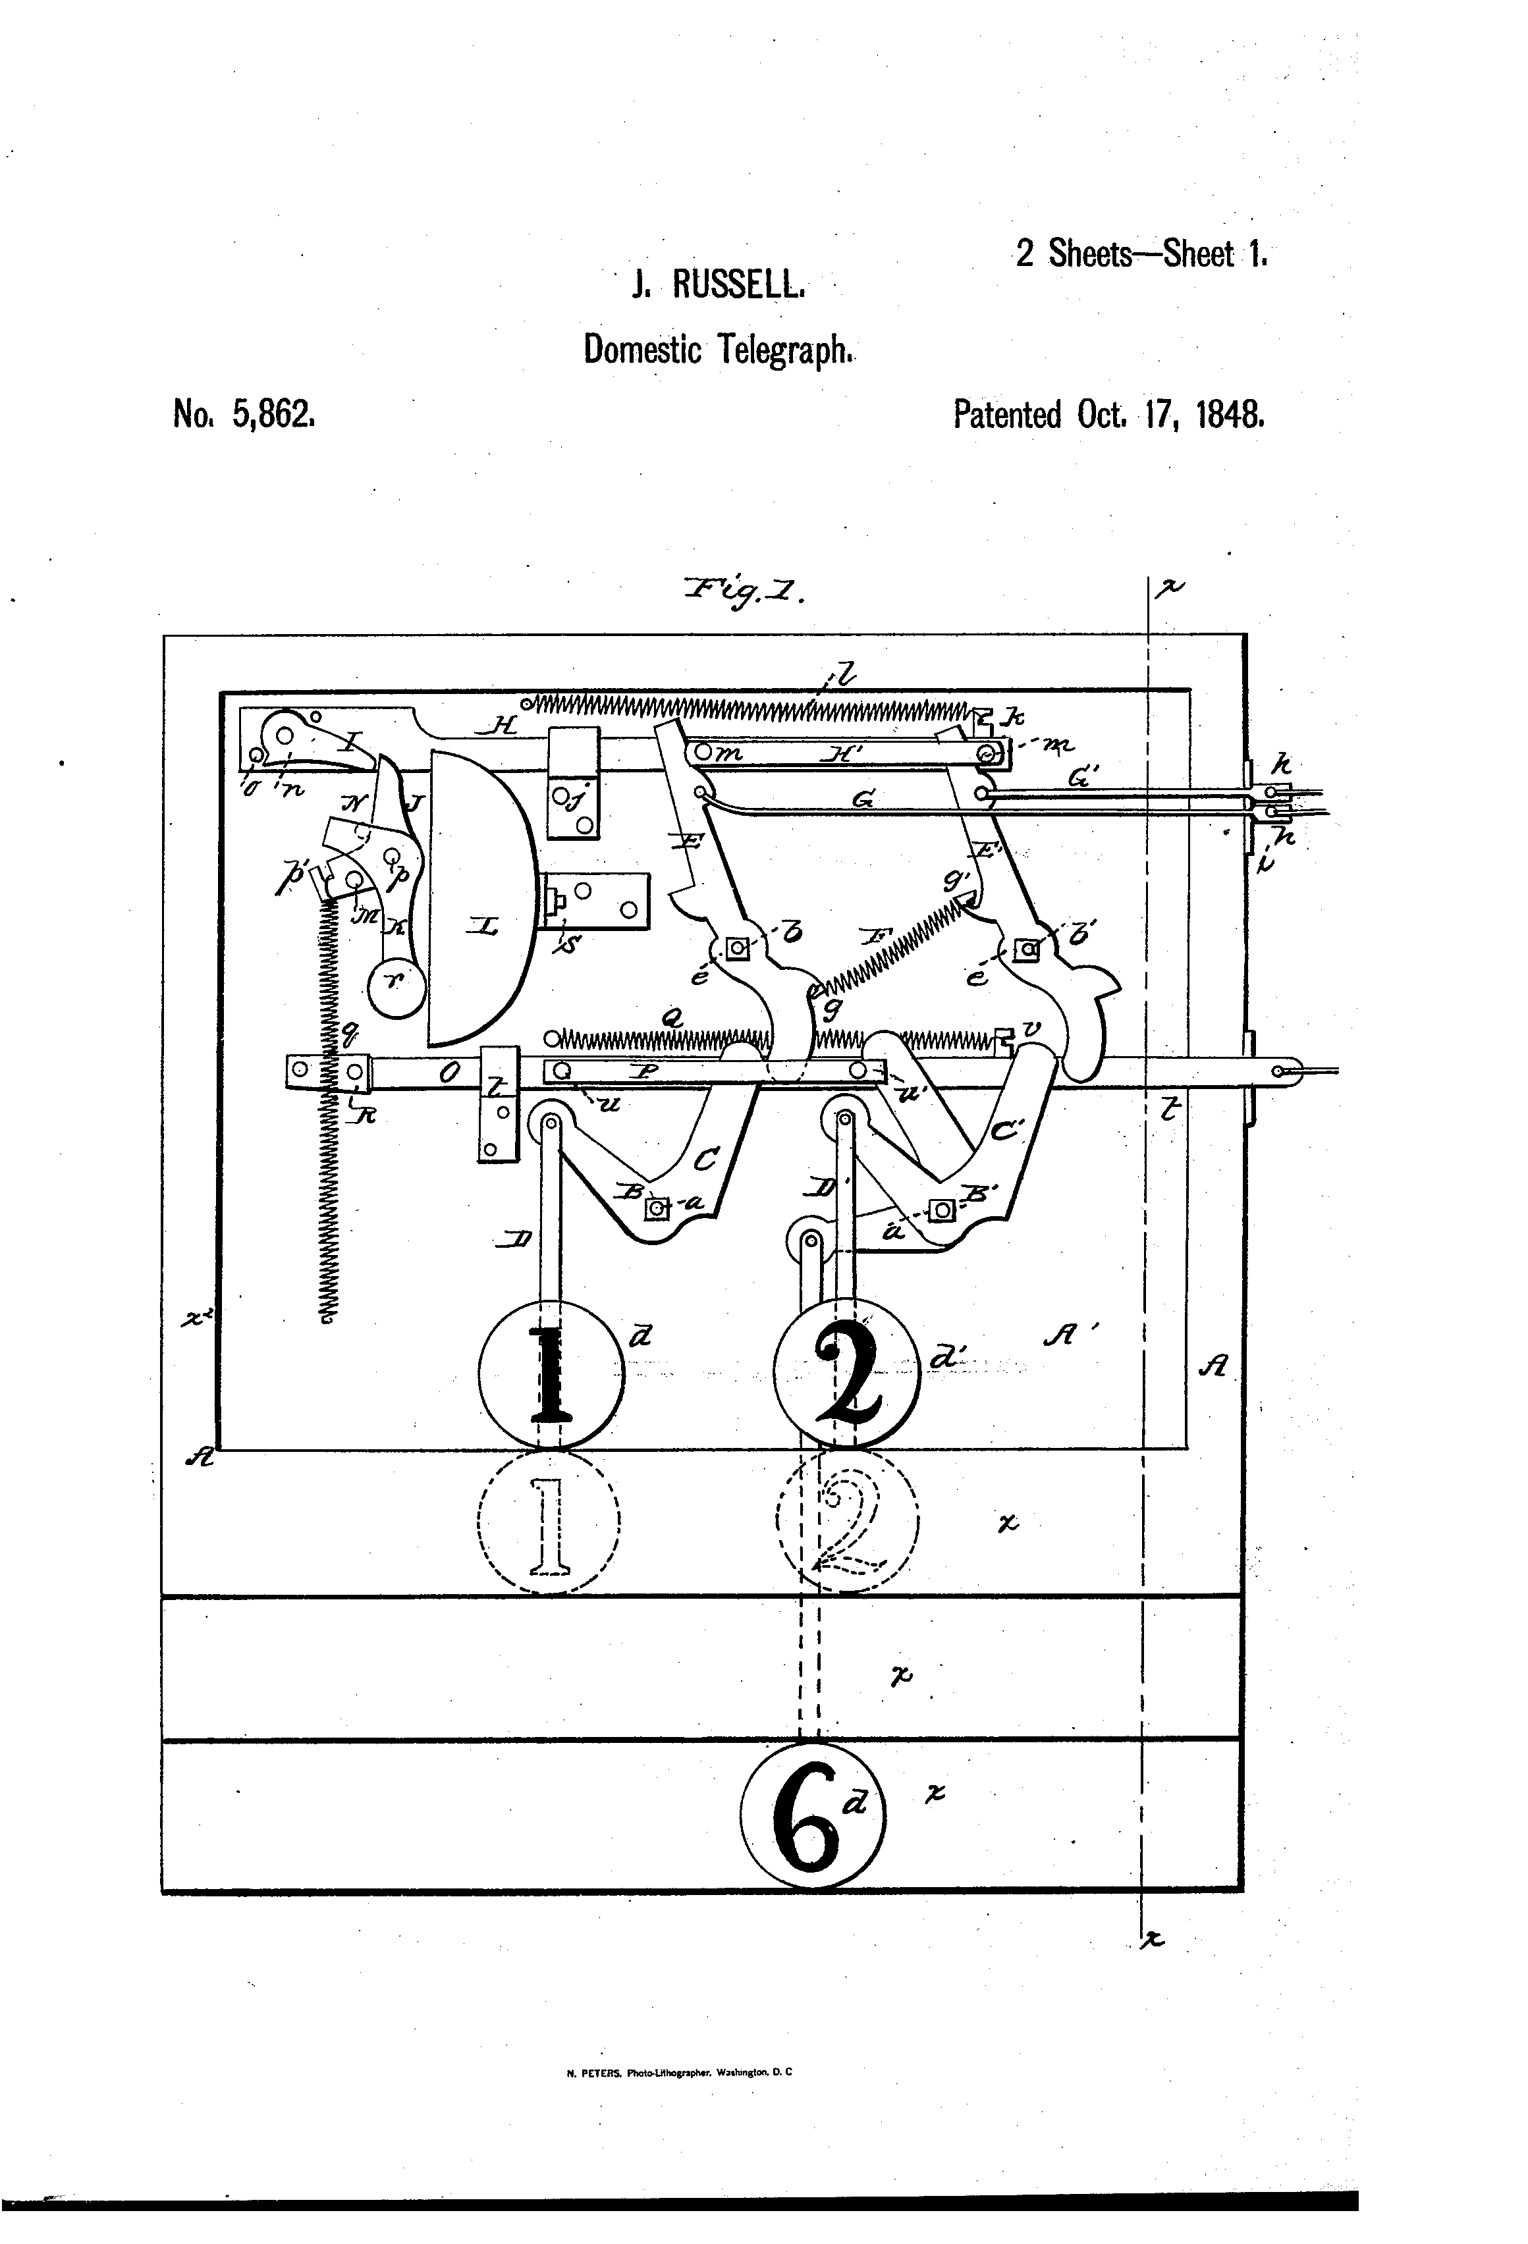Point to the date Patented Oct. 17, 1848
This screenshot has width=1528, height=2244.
(1108, 415)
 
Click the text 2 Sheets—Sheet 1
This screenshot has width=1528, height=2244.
(1141, 254)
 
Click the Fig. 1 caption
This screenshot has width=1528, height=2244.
(744, 589)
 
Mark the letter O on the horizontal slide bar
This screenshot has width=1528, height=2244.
(448, 1073)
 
